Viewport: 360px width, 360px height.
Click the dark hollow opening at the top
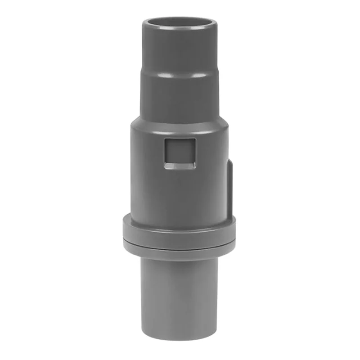(180, 22)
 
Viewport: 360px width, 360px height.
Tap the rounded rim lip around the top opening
(180, 30)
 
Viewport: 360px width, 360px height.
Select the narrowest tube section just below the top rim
(180, 49)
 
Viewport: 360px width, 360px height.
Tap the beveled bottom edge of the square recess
(180, 167)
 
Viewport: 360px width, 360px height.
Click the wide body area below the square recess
(180, 193)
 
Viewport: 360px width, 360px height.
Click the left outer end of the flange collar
(125, 234)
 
